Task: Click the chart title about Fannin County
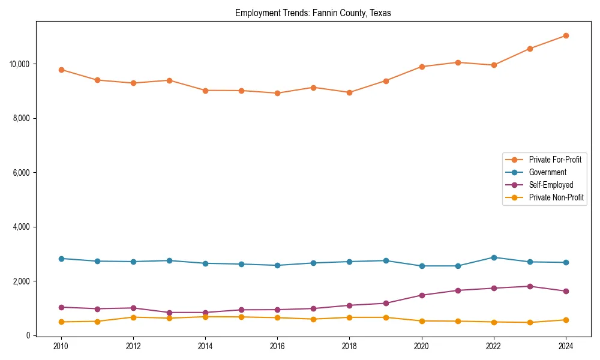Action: coord(313,13)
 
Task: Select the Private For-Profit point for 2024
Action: coord(566,35)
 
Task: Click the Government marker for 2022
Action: coord(494,257)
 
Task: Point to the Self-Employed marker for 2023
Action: coord(530,286)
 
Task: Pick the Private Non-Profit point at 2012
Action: coord(133,317)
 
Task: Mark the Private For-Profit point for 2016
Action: coord(277,93)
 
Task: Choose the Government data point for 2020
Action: coord(422,266)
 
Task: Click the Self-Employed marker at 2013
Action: coord(169,313)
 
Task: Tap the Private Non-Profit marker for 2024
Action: coord(566,320)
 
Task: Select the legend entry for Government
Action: coord(547,172)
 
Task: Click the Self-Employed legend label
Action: coord(551,185)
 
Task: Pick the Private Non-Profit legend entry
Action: coord(556,197)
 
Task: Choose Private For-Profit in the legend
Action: coord(555,160)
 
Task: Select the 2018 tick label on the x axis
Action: coord(349,346)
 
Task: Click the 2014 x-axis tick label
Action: coord(205,346)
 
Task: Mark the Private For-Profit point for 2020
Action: coord(422,67)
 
